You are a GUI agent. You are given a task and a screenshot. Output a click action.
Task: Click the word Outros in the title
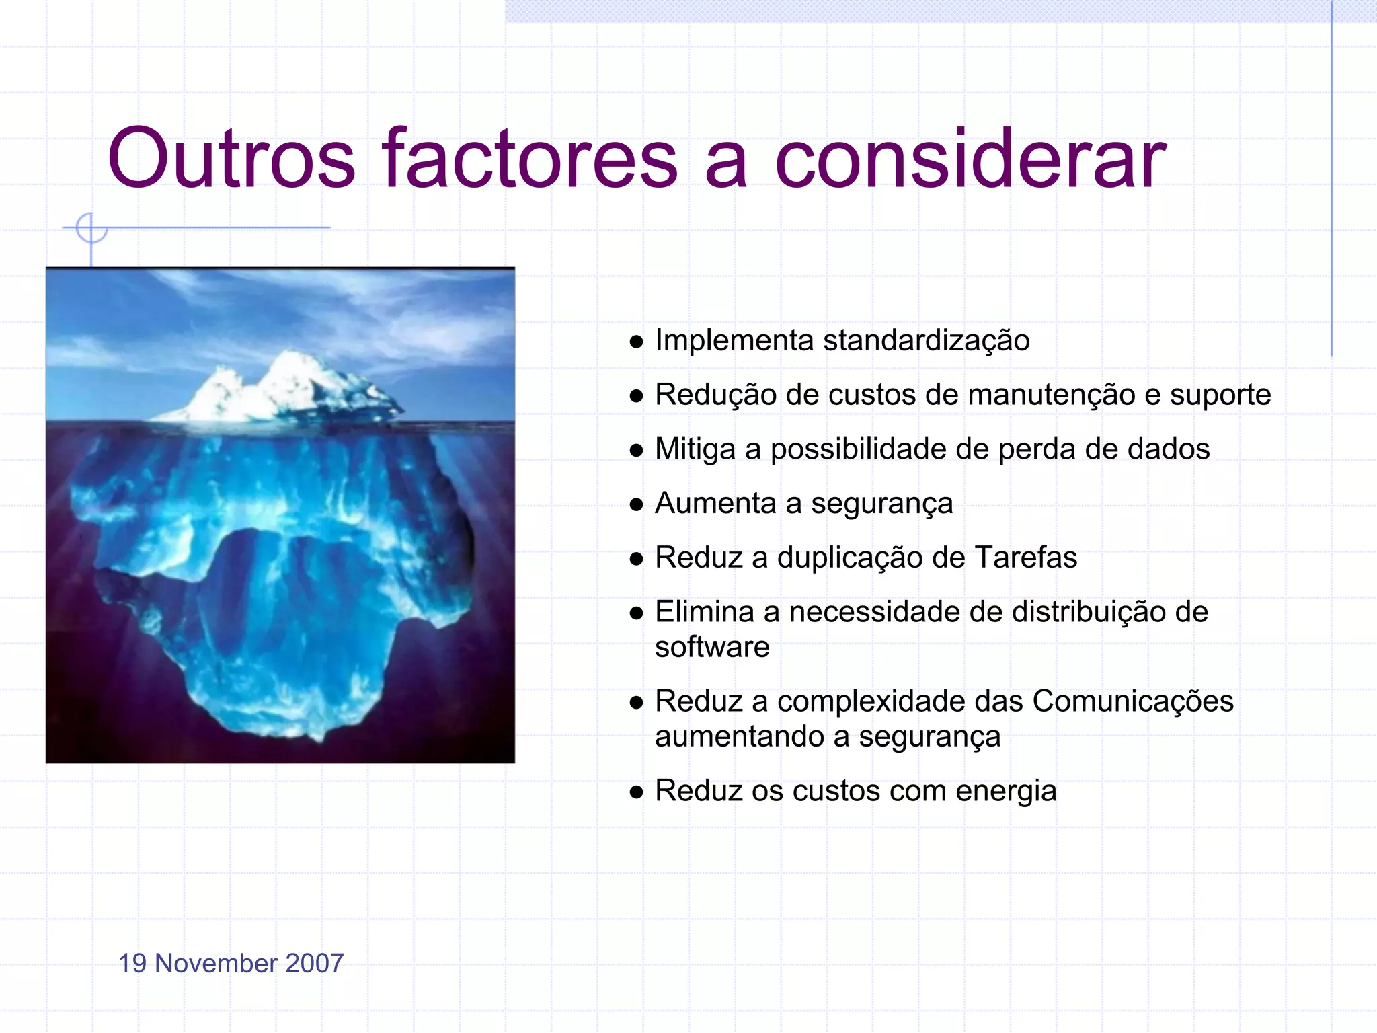pyautogui.click(x=231, y=159)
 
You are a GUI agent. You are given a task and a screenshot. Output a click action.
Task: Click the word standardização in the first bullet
pyautogui.click(x=926, y=340)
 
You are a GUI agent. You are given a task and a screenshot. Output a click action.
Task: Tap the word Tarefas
pyautogui.click(x=1025, y=558)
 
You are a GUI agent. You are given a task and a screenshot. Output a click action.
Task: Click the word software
pyautogui.click(x=712, y=647)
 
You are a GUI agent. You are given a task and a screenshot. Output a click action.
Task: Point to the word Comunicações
pyautogui.click(x=1133, y=701)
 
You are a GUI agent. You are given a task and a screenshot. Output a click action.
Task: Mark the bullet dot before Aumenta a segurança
pyautogui.click(x=636, y=505)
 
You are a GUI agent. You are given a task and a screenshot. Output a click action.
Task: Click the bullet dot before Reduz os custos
pyautogui.click(x=636, y=792)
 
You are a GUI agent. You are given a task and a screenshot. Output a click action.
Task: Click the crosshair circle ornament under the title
pyautogui.click(x=91, y=228)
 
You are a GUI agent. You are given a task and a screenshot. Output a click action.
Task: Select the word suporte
pyautogui.click(x=1220, y=395)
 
